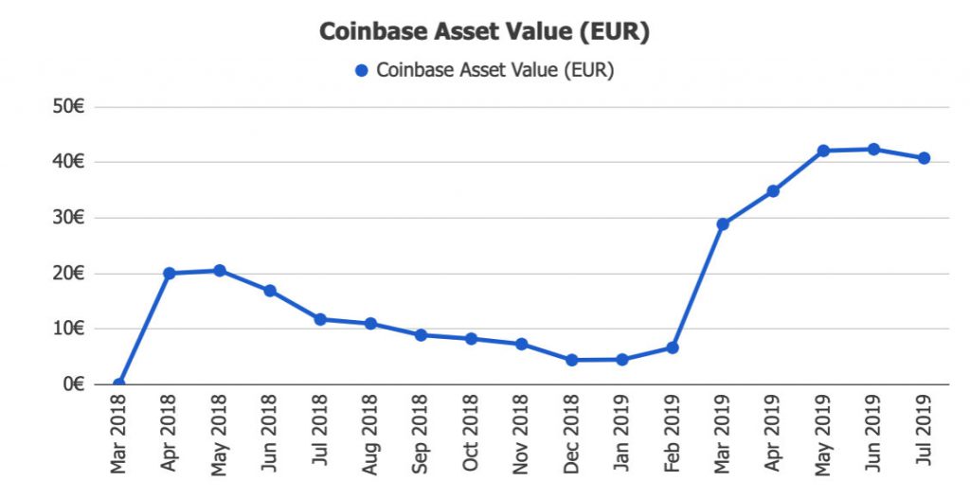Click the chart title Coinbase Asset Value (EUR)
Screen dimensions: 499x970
pyautogui.click(x=484, y=31)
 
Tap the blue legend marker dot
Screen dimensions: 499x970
pyautogui.click(x=361, y=71)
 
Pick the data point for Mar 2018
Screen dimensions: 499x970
pyautogui.click(x=118, y=384)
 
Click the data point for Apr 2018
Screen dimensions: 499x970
pyautogui.click(x=170, y=274)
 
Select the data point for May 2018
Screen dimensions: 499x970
pyautogui.click(x=220, y=271)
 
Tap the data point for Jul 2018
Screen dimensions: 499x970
pyautogui.click(x=320, y=319)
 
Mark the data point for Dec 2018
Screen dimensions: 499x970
pyautogui.click(x=572, y=360)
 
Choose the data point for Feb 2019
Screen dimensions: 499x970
pyautogui.click(x=673, y=348)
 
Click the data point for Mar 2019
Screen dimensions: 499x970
pyautogui.click(x=723, y=224)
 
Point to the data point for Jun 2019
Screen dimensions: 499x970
pyautogui.click(x=873, y=150)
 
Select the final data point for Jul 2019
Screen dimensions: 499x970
pyautogui.click(x=924, y=158)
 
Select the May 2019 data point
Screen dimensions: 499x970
pyautogui.click(x=823, y=151)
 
